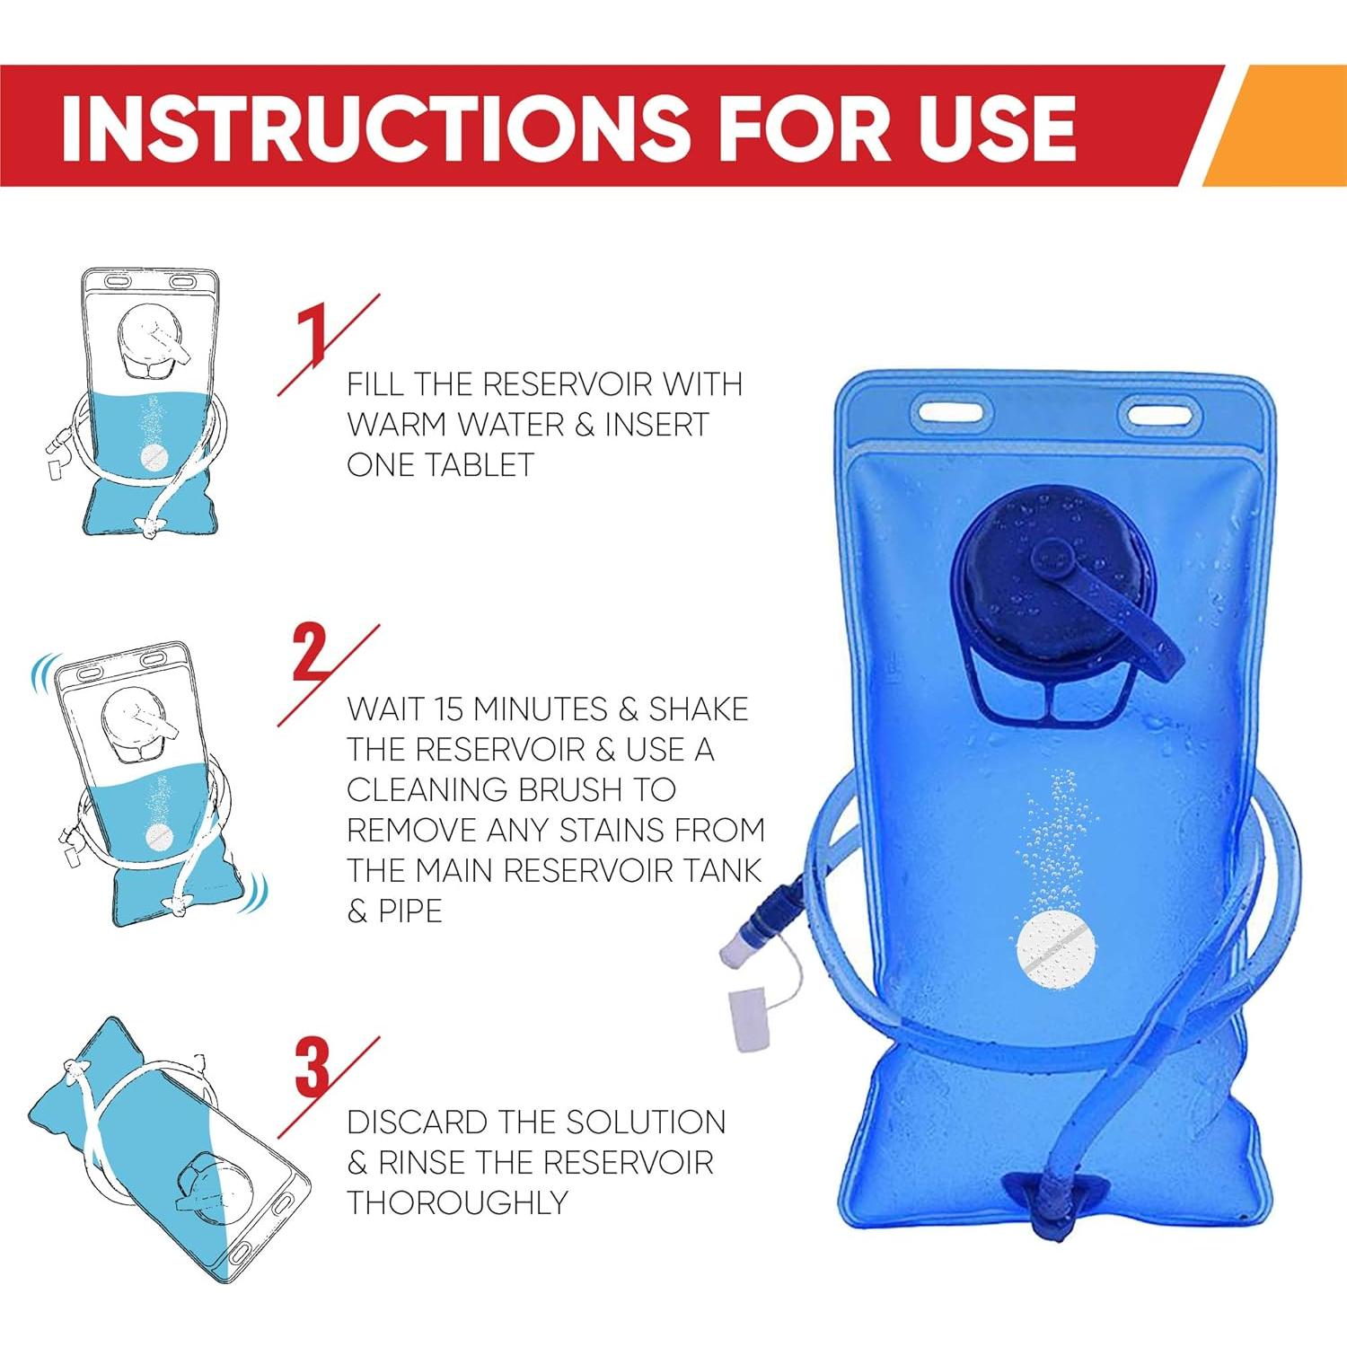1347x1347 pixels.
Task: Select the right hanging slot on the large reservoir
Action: point(1165,416)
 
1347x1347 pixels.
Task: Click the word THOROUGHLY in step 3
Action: point(458,1202)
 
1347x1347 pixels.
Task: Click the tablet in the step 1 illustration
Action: point(155,458)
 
